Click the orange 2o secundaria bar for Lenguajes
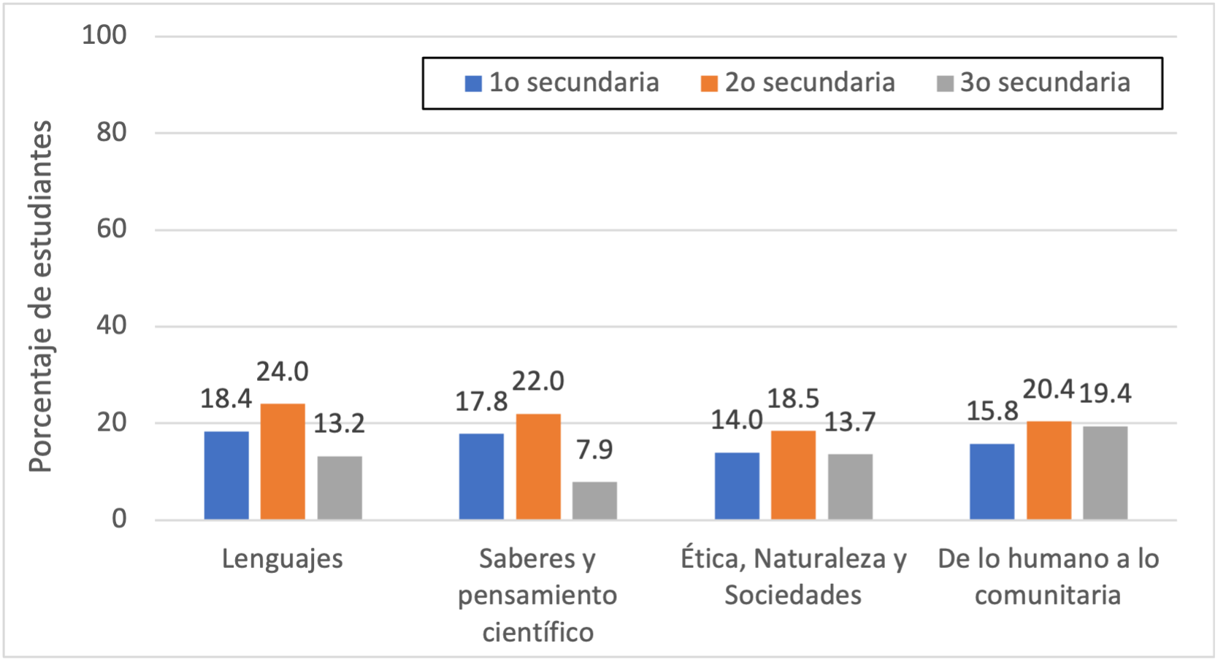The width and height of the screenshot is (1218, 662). coord(283,461)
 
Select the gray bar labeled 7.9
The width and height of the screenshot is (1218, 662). coord(594,501)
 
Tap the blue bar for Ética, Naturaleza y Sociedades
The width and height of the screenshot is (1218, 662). coord(737,486)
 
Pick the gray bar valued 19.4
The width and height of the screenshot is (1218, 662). coord(1105,473)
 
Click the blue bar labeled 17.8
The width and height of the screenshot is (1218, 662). coord(481,477)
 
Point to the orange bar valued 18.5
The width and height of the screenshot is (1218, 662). coord(793,475)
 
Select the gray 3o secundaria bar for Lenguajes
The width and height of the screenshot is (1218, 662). coord(340,488)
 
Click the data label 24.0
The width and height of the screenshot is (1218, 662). coord(283,372)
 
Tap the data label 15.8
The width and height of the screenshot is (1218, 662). coord(992,412)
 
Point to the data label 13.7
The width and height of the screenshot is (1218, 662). coord(850,423)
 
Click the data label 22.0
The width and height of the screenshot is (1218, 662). coord(538,382)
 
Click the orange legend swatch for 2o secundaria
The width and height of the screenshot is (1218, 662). coord(709,83)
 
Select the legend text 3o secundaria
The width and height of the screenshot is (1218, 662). coord(1045,83)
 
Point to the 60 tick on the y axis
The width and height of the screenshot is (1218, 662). coord(112,229)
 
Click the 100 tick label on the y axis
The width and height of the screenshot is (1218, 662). coord(104,35)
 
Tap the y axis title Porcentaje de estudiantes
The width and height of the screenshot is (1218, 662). coord(41,296)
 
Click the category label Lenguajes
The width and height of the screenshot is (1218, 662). coord(283,559)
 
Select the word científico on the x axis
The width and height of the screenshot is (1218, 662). coord(538,632)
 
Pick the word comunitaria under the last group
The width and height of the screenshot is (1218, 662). coord(1048,596)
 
